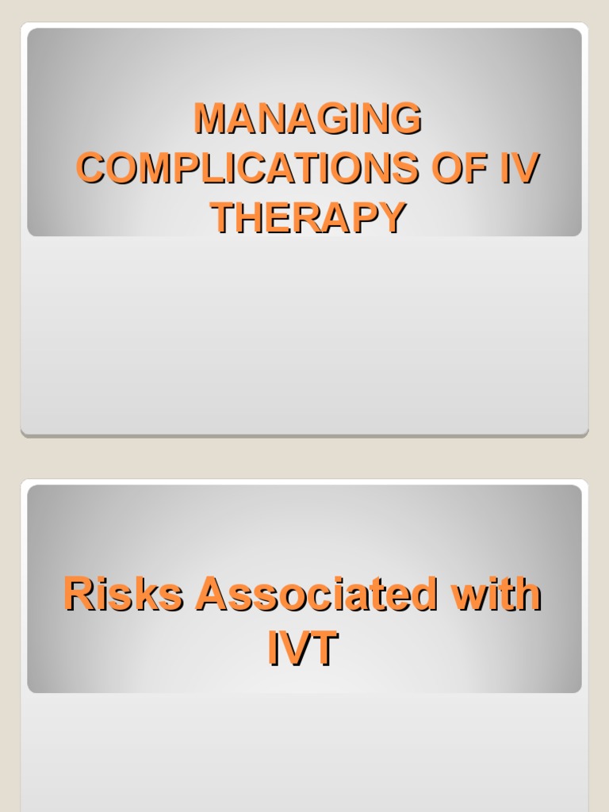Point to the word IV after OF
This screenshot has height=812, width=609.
(519, 168)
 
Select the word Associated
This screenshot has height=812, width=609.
(316, 595)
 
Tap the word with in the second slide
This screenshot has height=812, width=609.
(495, 595)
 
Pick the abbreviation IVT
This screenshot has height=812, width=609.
(303, 649)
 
